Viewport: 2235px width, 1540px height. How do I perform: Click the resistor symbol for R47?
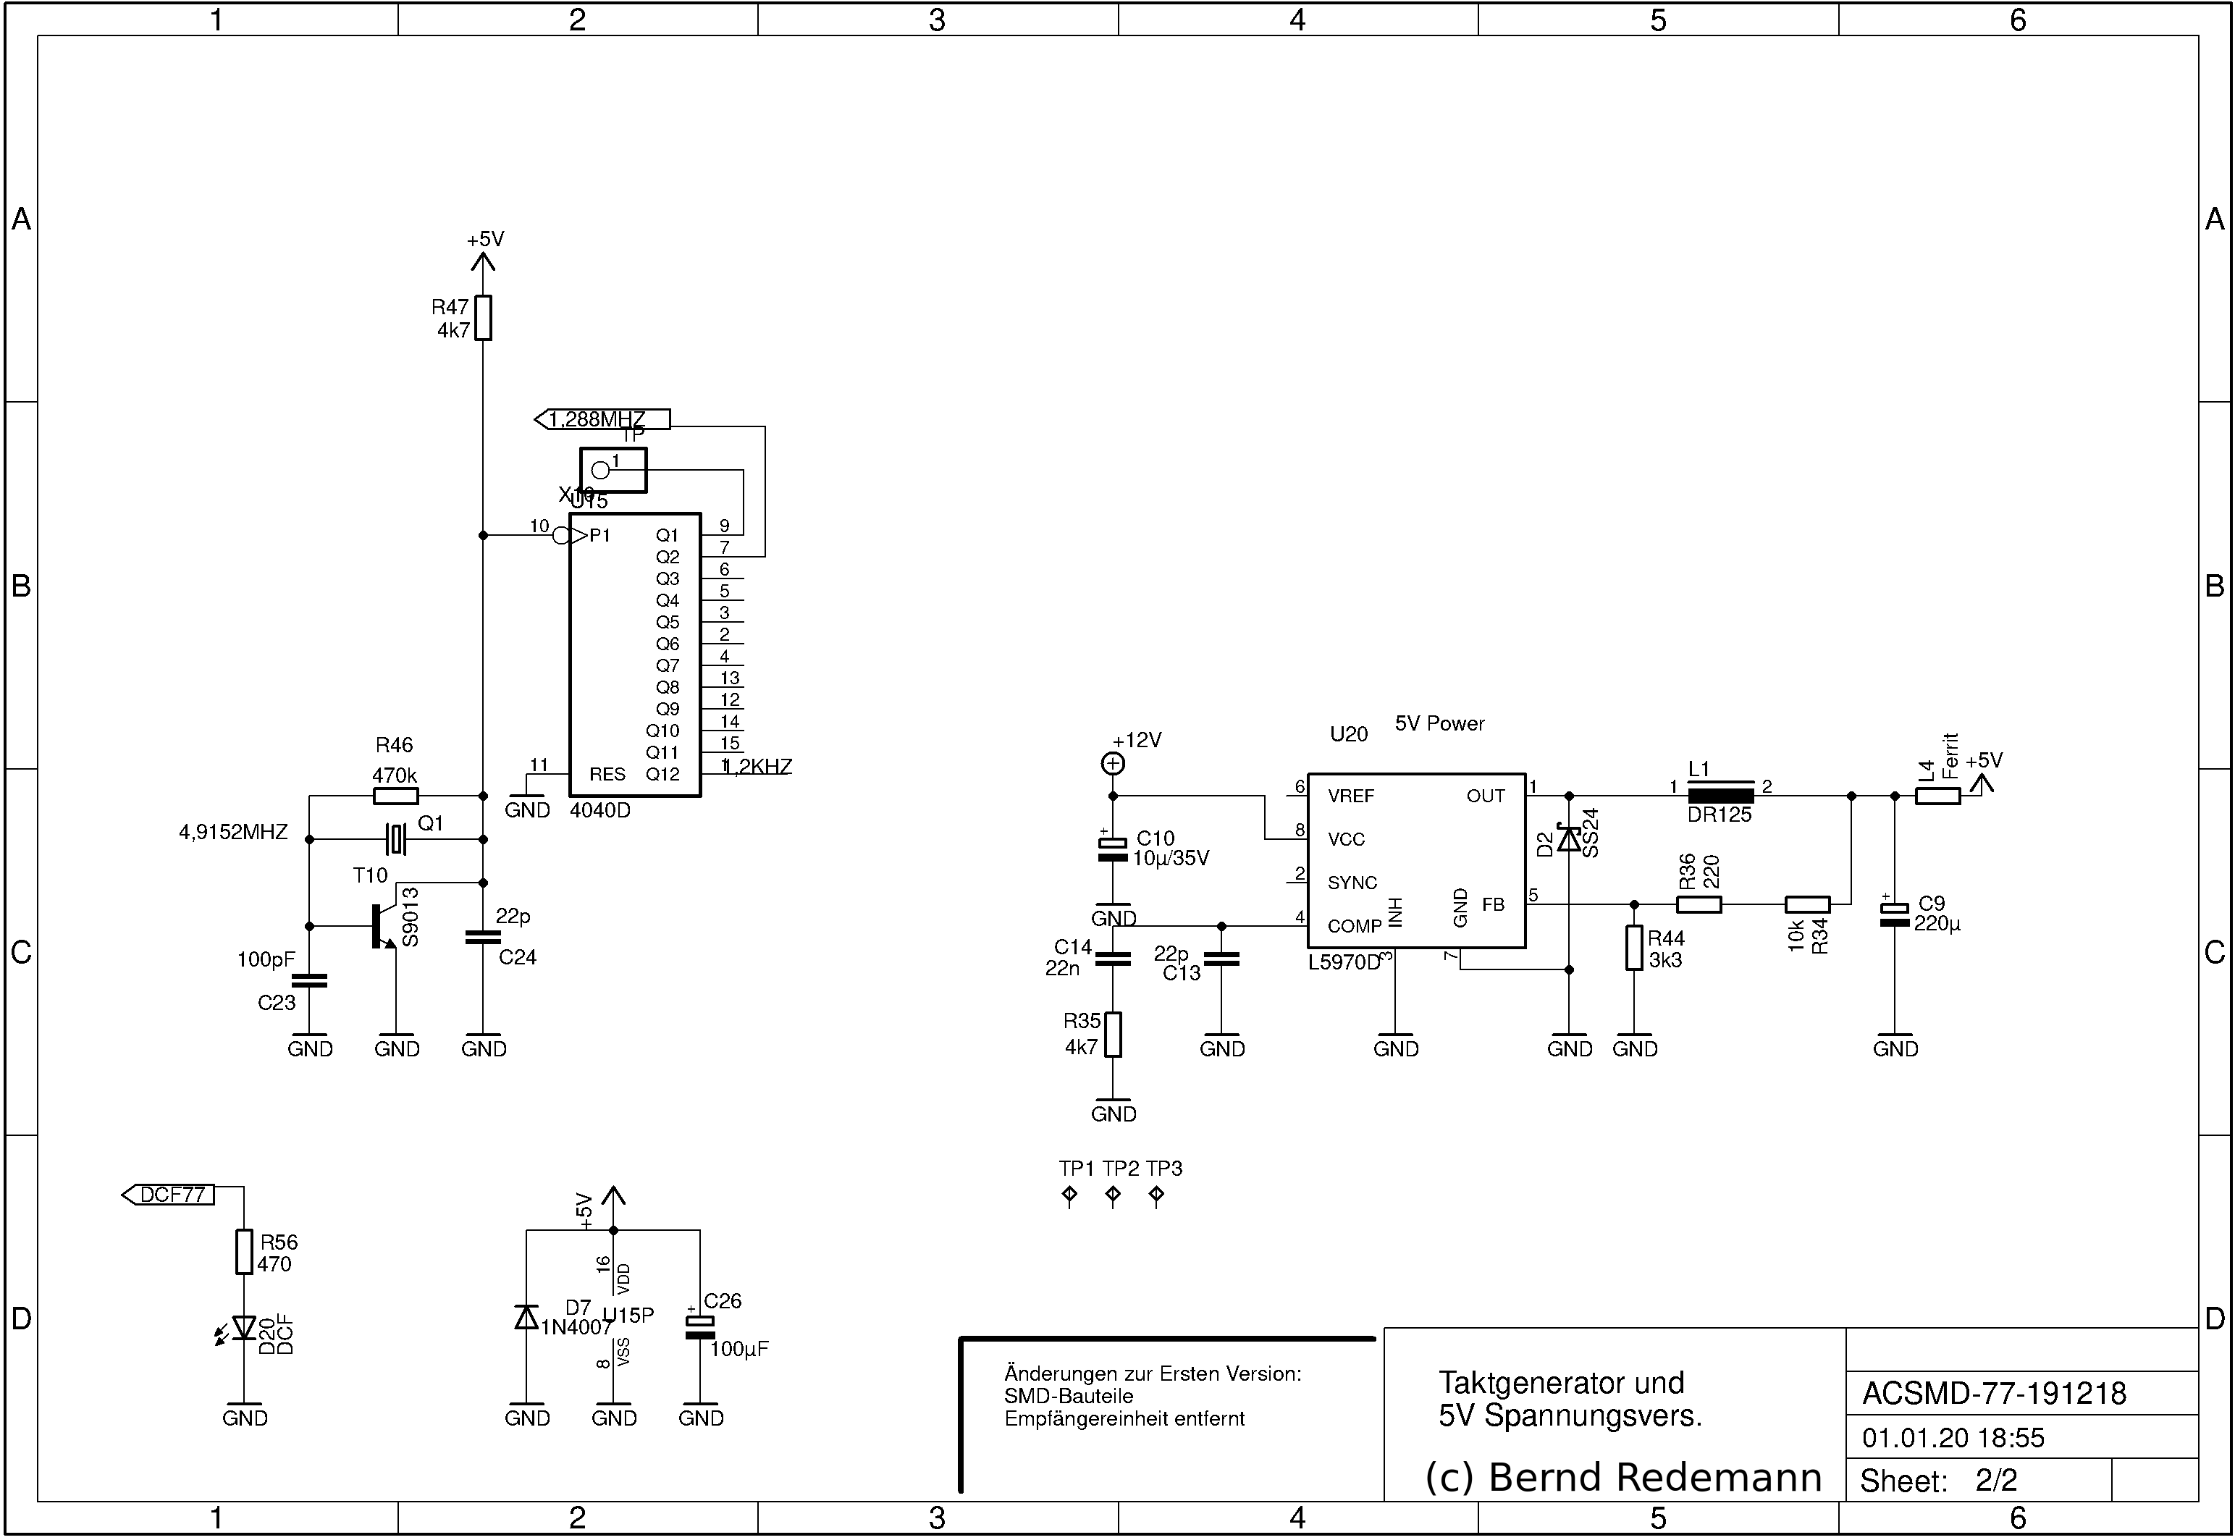(x=483, y=317)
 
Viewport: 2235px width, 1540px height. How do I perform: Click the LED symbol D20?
(x=244, y=1329)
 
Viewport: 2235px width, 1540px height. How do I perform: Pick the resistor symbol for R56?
(x=244, y=1252)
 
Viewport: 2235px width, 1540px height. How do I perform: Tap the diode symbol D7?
(x=526, y=1316)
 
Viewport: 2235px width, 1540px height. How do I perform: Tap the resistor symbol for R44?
(x=1633, y=948)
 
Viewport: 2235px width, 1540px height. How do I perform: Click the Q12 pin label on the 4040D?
(x=662, y=774)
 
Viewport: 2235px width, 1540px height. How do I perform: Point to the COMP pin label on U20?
(x=1355, y=926)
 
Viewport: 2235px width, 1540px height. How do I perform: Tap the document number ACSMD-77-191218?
(x=1994, y=1393)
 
